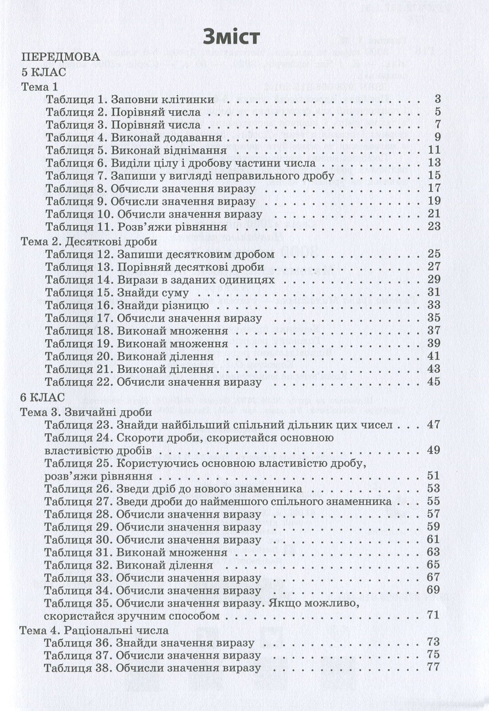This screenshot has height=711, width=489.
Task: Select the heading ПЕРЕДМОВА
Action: click(x=60, y=57)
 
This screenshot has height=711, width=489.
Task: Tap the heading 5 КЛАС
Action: click(x=43, y=72)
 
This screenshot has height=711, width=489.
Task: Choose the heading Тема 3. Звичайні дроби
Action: click(x=86, y=412)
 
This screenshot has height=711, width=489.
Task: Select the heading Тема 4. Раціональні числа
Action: click(x=94, y=630)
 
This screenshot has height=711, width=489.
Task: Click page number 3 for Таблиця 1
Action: click(x=437, y=99)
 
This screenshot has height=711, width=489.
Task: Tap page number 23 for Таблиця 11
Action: click(x=434, y=226)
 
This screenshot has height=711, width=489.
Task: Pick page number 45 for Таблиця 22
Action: click(x=434, y=381)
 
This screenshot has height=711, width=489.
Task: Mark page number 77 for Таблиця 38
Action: click(x=434, y=667)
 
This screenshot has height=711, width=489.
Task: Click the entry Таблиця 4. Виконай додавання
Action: click(x=134, y=137)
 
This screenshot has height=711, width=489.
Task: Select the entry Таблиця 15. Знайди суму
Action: click(x=117, y=292)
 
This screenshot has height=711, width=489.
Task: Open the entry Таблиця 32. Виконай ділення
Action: click(x=129, y=565)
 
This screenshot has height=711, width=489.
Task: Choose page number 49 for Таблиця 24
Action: click(x=434, y=450)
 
